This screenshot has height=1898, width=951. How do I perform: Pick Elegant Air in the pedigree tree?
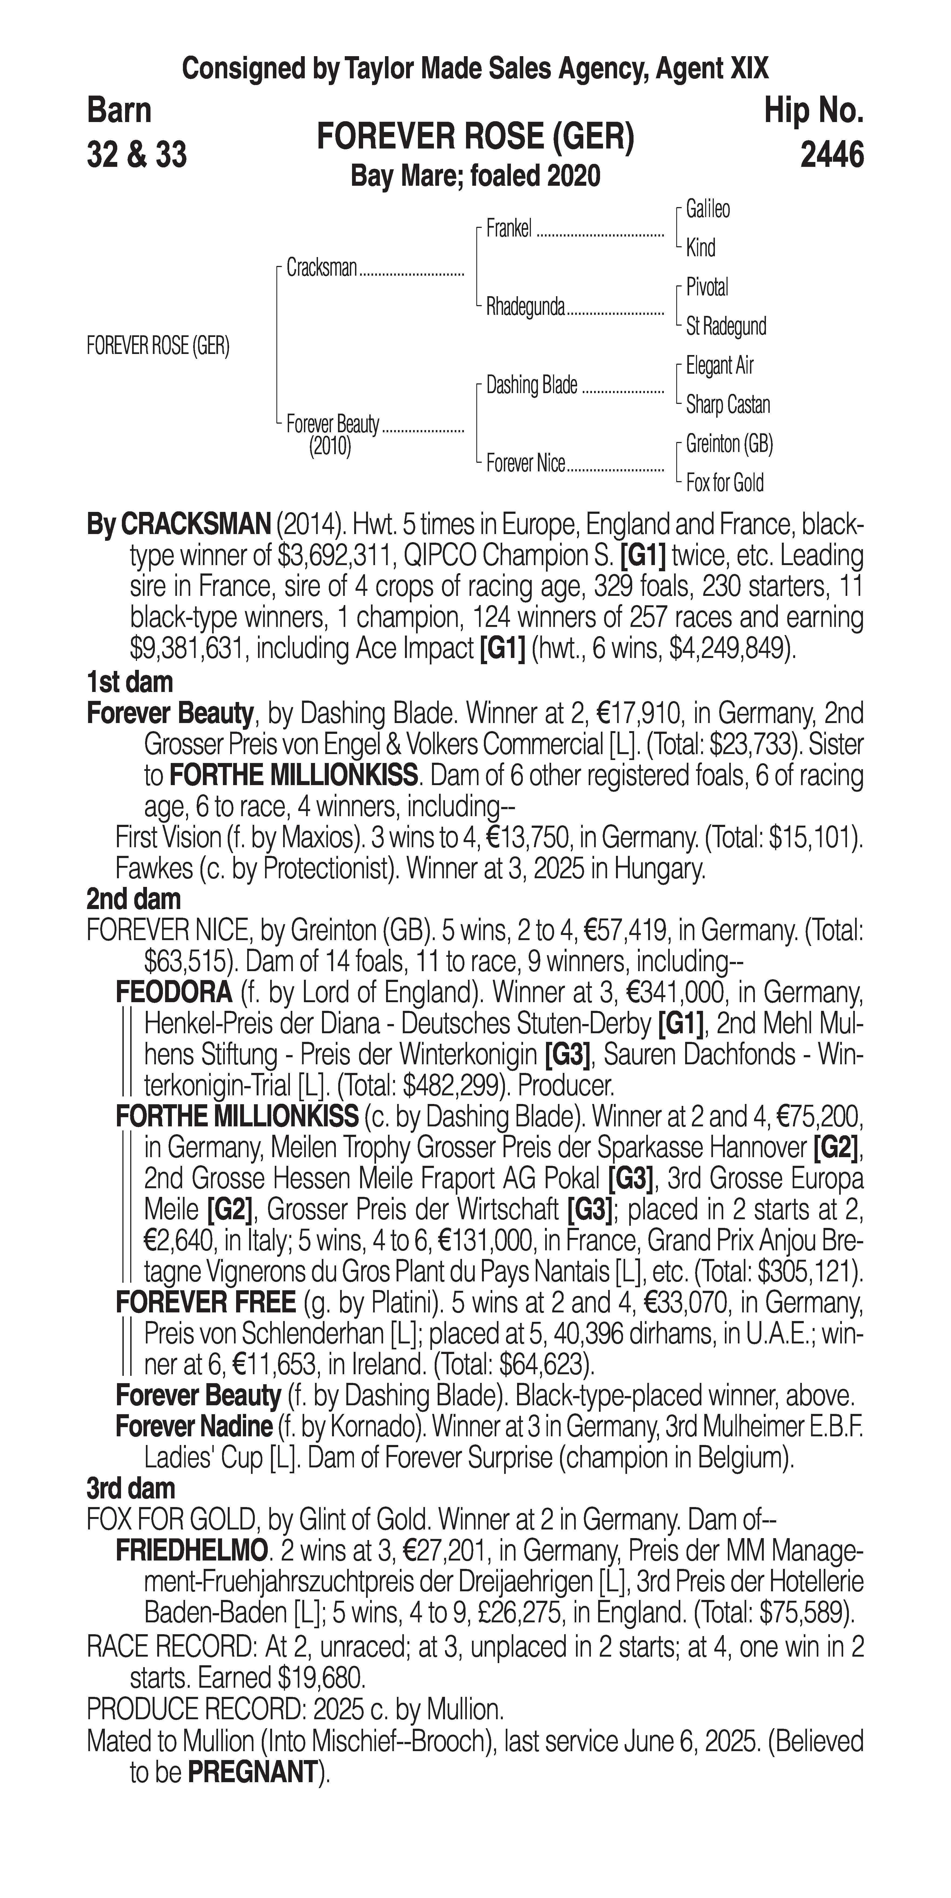[x=719, y=366]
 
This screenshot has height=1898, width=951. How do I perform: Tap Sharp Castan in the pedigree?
[x=728, y=404]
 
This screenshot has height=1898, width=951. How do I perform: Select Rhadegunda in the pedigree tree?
[x=525, y=306]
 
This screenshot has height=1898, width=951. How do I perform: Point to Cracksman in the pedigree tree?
[x=322, y=268]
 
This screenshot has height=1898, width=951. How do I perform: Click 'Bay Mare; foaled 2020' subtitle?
[x=475, y=176]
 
